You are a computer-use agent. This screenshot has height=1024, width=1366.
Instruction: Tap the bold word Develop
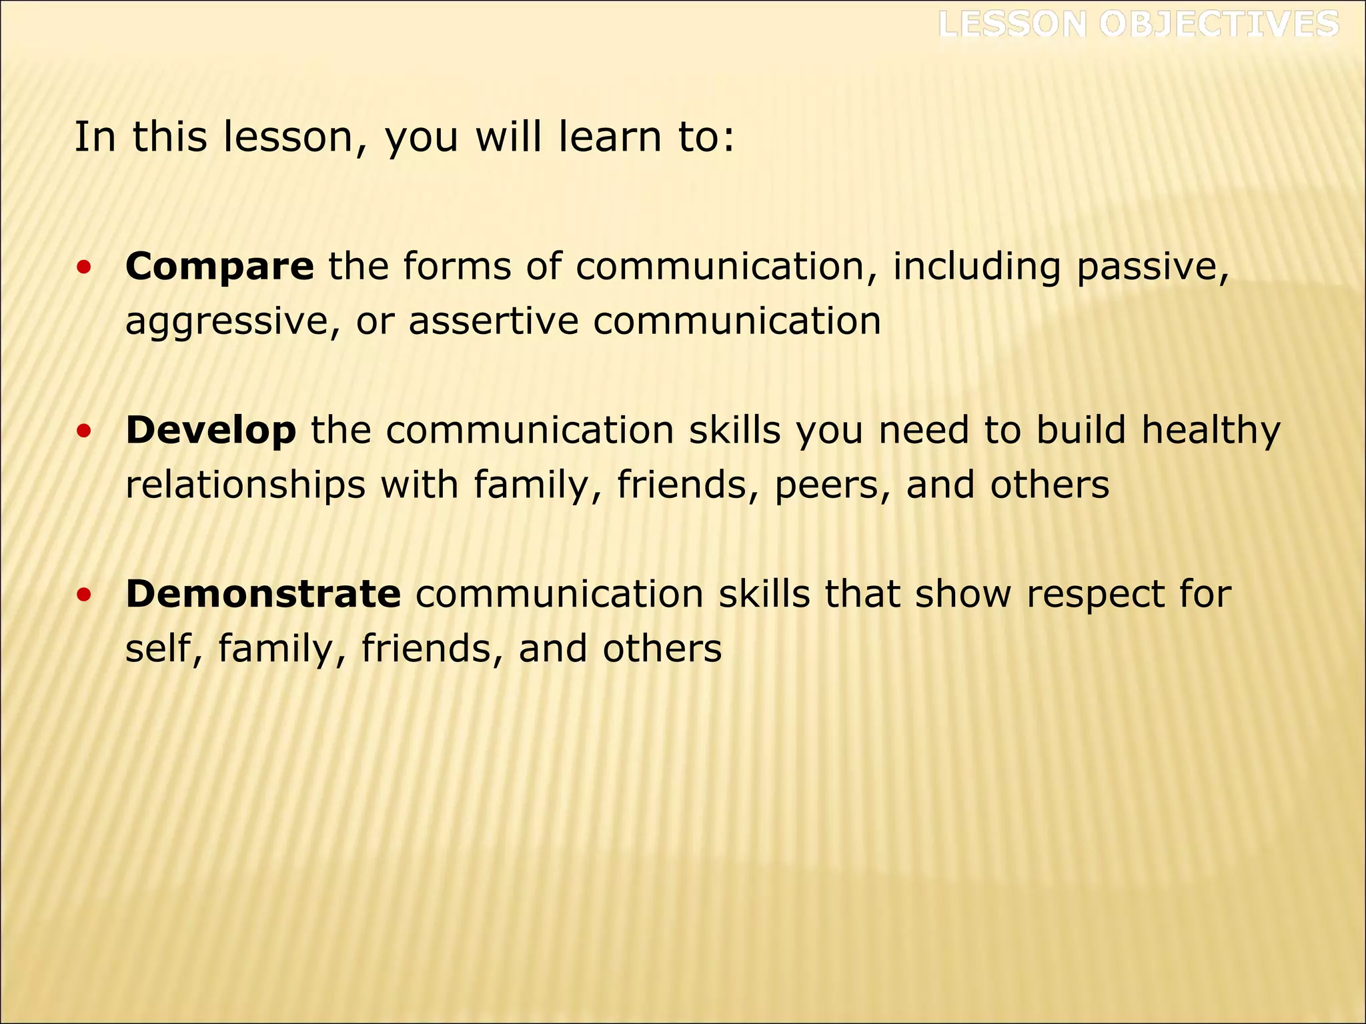[211, 431]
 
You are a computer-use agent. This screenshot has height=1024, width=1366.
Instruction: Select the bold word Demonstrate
[263, 594]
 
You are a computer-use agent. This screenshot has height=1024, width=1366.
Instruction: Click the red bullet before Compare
[83, 268]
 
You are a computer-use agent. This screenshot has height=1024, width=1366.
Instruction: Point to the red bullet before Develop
[83, 431]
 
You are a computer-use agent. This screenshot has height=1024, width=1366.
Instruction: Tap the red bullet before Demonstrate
[83, 595]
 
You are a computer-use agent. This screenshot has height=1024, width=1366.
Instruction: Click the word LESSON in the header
[1012, 25]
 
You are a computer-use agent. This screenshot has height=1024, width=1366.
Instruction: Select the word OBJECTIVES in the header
[1219, 25]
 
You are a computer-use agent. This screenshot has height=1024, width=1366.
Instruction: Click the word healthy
[1211, 431]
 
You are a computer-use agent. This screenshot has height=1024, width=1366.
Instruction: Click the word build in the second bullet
[1081, 431]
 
